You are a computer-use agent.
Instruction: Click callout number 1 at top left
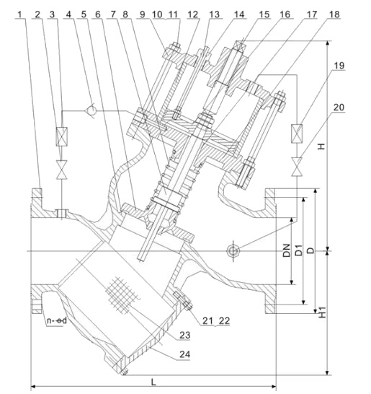pos(21,14)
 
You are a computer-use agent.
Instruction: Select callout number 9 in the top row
pos(143,14)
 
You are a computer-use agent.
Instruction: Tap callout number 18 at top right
pos(334,14)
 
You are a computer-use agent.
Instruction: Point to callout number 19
pos(339,66)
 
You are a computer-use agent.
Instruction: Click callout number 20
pos(339,107)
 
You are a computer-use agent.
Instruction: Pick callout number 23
pos(184,335)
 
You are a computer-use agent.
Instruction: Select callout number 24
pos(184,354)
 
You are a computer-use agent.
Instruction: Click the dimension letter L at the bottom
pos(153,382)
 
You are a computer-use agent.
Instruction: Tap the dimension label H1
pos(323,312)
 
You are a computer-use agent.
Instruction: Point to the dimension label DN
pos(287,250)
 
